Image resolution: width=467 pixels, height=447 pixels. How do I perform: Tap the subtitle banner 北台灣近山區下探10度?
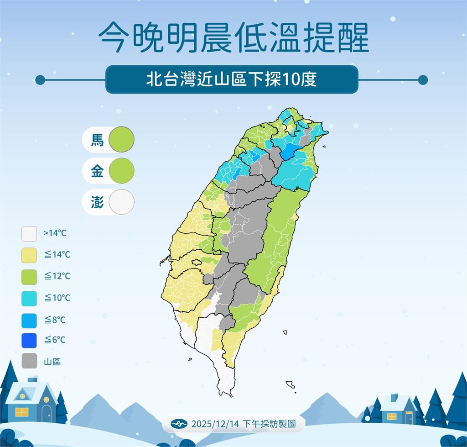point(232,79)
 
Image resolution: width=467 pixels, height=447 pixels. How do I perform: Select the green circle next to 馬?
point(122,139)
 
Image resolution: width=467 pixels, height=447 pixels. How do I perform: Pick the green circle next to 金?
point(122,171)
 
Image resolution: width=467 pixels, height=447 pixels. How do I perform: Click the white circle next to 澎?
point(122,202)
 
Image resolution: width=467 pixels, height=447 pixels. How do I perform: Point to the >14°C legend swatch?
point(29,233)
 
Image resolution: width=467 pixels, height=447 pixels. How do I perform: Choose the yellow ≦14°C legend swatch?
point(29,255)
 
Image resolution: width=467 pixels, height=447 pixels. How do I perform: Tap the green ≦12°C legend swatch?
point(29,276)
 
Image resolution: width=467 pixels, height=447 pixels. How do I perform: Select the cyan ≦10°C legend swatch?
point(29,298)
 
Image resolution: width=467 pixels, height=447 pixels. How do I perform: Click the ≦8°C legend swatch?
point(29,319)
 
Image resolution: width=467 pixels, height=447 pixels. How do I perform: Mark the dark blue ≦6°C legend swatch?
point(29,340)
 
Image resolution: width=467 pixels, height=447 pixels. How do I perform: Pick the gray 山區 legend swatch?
point(29,362)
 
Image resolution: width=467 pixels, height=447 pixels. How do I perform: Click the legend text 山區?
point(52,362)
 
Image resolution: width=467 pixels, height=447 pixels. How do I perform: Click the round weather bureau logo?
point(179,424)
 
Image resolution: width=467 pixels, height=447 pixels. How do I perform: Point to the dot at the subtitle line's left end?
point(40,80)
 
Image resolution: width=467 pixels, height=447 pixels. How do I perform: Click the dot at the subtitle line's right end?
point(423,80)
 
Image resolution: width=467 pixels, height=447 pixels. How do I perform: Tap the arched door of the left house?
point(46,413)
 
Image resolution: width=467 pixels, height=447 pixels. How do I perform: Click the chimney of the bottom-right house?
point(394,397)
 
